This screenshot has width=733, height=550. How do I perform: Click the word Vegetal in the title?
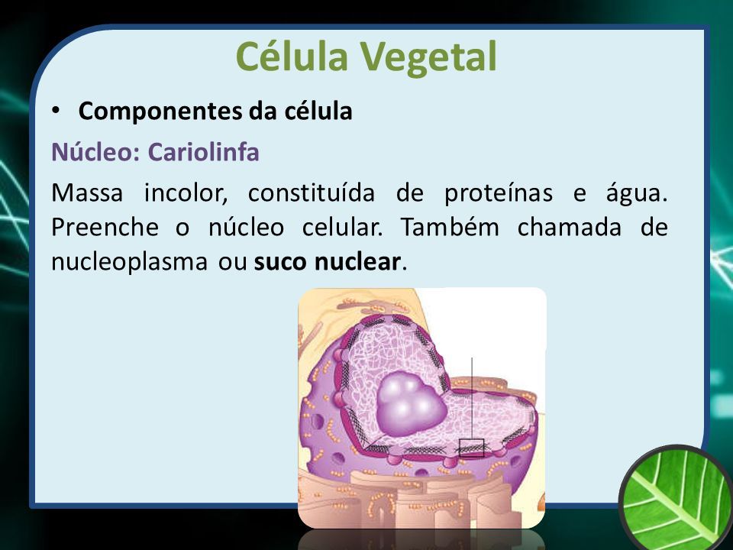428,57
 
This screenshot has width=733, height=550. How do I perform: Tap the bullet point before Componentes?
56,111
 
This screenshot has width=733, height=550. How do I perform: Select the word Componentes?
160,112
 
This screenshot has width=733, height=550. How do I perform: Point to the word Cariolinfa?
203,151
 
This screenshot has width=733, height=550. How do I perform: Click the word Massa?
87,192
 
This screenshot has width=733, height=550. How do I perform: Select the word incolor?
186,192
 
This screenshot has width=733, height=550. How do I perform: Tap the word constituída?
312,192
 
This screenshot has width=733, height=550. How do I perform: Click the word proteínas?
499,193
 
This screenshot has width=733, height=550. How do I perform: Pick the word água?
636,193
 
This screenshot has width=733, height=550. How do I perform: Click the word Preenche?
105,228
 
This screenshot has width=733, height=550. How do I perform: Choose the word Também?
450,227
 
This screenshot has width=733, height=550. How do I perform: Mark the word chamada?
570,227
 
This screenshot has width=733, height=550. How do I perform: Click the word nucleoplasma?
129,262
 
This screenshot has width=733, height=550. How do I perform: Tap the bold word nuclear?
357,262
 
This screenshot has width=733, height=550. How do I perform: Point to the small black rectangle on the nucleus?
471,448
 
